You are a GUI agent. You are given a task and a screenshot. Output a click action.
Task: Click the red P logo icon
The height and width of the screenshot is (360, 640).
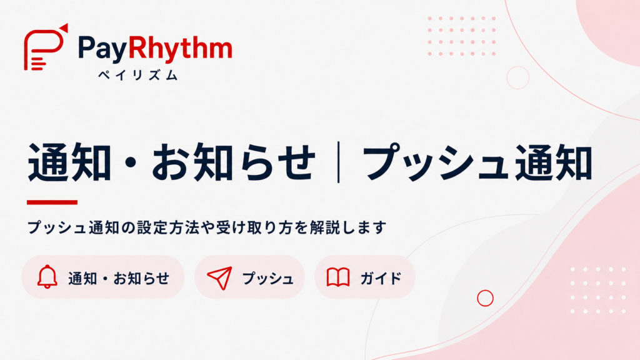pyautogui.click(x=44, y=47)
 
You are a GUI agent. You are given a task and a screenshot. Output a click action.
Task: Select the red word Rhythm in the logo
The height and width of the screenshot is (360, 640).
pyautogui.click(x=181, y=48)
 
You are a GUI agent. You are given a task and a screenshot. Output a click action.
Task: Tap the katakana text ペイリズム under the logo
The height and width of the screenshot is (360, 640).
pyautogui.click(x=138, y=75)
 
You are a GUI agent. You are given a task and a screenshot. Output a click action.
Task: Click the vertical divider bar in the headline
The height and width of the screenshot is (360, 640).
pyautogui.click(x=338, y=162)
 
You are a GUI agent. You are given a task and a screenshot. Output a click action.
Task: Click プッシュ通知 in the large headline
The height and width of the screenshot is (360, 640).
pyautogui.click(x=477, y=162)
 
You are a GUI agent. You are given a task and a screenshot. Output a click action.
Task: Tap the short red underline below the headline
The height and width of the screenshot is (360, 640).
pyautogui.click(x=52, y=202)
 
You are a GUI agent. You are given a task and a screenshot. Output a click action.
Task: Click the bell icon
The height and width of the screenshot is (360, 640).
pyautogui.click(x=47, y=277)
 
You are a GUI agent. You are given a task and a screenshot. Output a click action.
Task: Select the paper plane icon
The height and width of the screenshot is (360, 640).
pyautogui.click(x=220, y=277)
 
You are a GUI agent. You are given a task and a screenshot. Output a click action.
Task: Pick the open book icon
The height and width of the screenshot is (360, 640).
pyautogui.click(x=338, y=277)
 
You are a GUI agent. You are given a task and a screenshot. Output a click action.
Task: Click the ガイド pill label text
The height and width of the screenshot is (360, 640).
pyautogui.click(x=381, y=278)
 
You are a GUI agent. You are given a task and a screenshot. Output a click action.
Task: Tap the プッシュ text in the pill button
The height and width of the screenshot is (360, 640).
pyautogui.click(x=267, y=278)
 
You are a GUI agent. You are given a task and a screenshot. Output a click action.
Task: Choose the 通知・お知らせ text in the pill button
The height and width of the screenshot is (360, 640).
pyautogui.click(x=119, y=278)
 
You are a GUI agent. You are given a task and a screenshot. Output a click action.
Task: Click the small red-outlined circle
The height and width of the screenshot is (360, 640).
pyautogui.click(x=485, y=298)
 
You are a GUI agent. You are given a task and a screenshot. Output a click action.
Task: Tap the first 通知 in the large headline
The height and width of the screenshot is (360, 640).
pyautogui.click(x=69, y=162)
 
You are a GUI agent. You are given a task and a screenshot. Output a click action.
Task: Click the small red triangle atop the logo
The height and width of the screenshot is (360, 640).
pyautogui.click(x=64, y=27)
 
